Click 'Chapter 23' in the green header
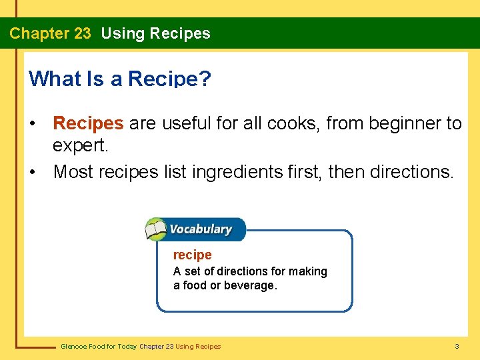pos(50,33)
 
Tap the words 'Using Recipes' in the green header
pos(155,33)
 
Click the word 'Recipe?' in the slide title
pos(169,79)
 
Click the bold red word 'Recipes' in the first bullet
pos(88,123)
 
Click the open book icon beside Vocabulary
pos(156,230)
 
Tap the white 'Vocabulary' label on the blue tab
pos(201,229)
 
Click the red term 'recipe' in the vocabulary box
pos(192,255)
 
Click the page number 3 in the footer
pos(457,346)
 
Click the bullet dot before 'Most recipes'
pos(32,173)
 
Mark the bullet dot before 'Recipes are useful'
pos(32,124)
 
